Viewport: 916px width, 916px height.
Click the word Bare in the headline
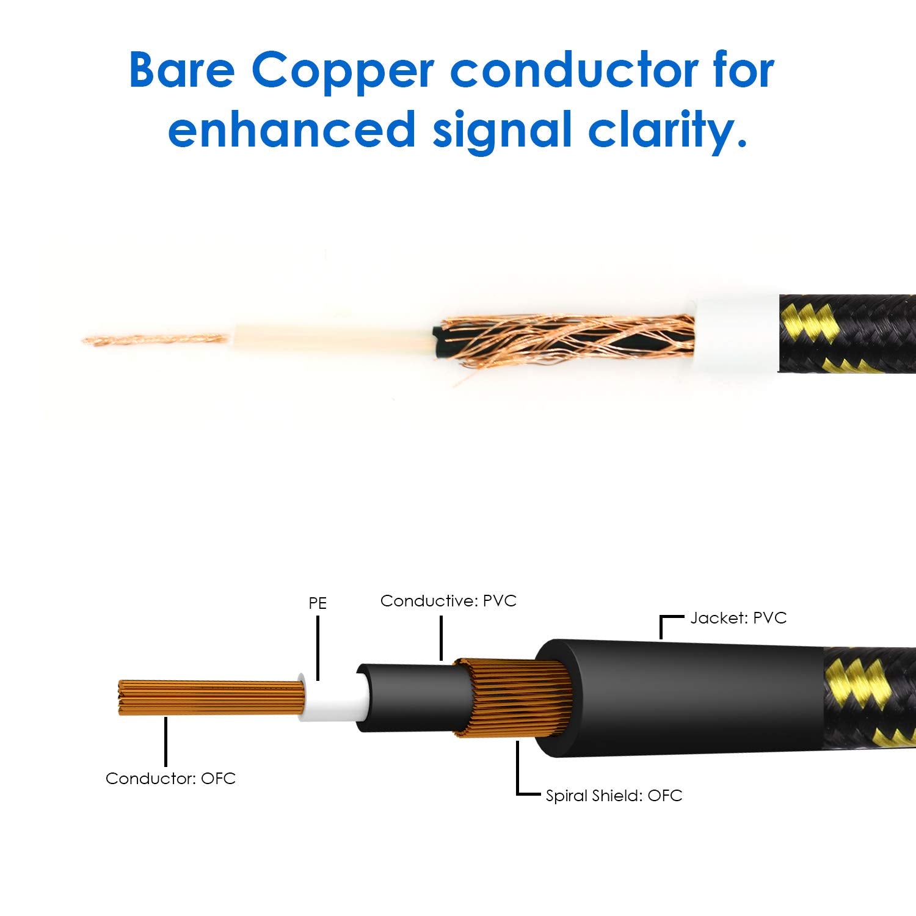[x=182, y=70]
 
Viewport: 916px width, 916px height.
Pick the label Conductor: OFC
[x=170, y=779]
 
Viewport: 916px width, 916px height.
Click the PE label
[x=318, y=603]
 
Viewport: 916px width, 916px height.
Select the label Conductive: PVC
[x=448, y=601]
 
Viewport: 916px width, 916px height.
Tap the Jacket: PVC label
[x=738, y=618]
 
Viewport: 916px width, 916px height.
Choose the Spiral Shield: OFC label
[x=614, y=796]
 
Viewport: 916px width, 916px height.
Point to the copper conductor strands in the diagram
[x=211, y=697]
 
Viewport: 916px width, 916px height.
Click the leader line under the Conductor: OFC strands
[x=165, y=741]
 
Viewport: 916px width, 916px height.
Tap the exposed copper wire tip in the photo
[x=156, y=339]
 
